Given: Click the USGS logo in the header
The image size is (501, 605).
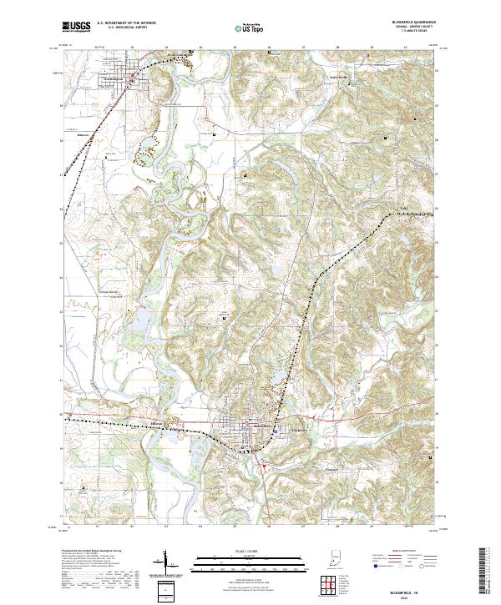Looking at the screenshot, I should coord(76,27).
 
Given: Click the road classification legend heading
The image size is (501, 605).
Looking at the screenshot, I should coord(399,552).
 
